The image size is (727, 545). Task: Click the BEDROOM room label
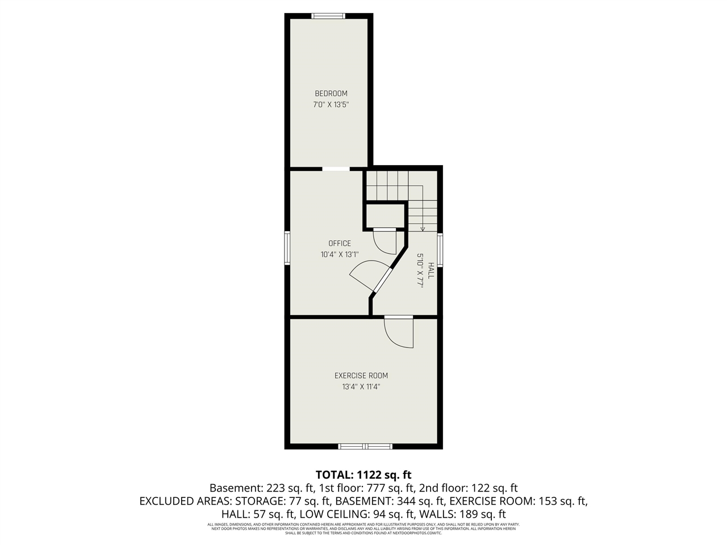pyautogui.click(x=331, y=94)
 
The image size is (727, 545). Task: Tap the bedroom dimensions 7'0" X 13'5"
pyautogui.click(x=331, y=104)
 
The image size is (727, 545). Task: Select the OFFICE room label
pyautogui.click(x=340, y=244)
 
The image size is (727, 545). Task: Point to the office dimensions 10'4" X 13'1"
pyautogui.click(x=340, y=254)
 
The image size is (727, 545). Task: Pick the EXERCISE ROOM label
pyautogui.click(x=361, y=375)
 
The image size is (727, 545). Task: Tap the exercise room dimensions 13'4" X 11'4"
pyautogui.click(x=361, y=387)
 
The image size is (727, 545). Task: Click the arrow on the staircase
pyautogui.click(x=423, y=228)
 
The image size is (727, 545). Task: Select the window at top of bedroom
pyautogui.click(x=329, y=16)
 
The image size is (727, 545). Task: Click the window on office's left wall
pyautogui.click(x=287, y=248)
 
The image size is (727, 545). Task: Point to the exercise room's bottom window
pyautogui.click(x=365, y=446)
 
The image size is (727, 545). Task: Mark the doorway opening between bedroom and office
pyautogui.click(x=336, y=169)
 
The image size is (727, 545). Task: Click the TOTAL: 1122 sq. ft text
pyautogui.click(x=363, y=475)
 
